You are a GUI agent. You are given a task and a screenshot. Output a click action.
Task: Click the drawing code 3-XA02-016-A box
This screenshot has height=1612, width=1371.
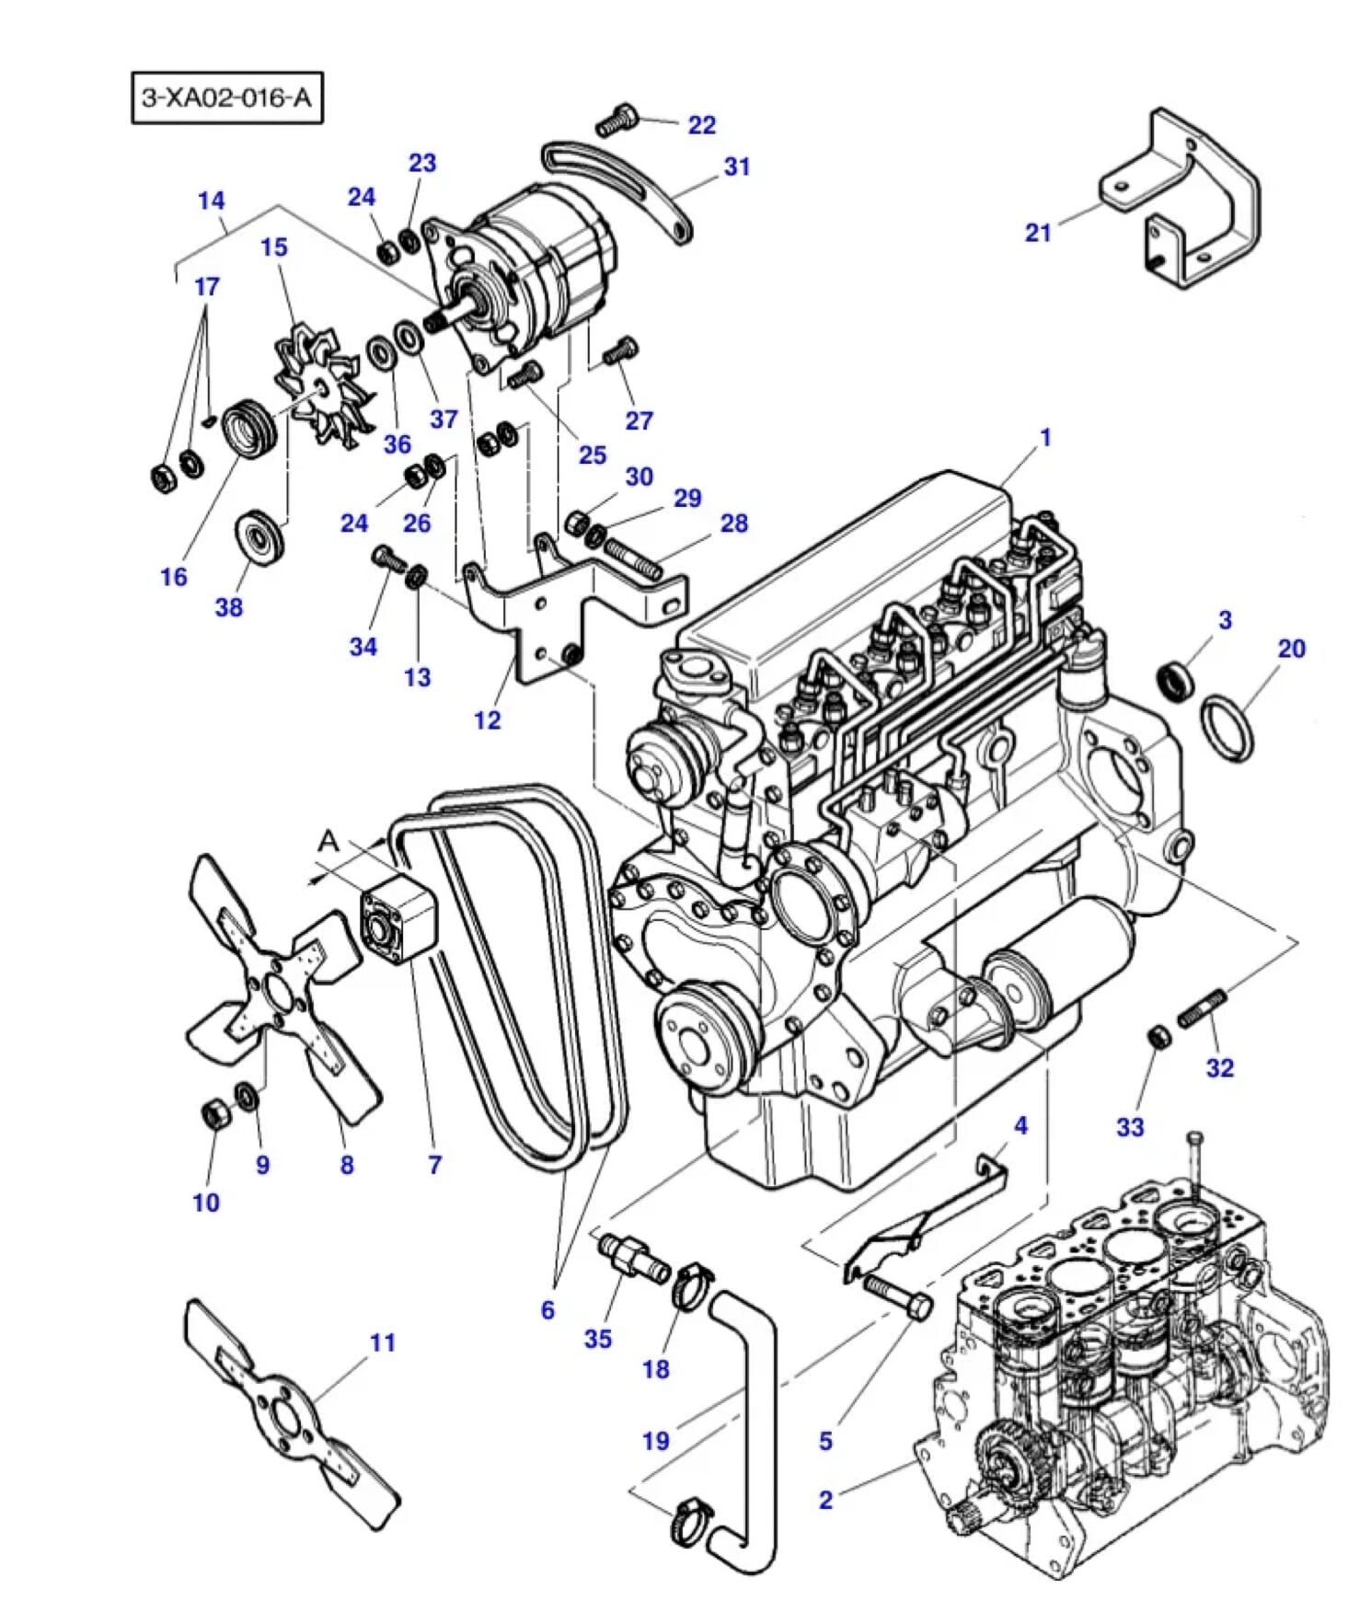point(226,97)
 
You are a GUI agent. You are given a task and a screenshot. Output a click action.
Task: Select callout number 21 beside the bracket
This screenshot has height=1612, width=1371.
point(1037,232)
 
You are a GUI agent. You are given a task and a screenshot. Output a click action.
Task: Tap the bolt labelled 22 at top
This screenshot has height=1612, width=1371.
point(617,121)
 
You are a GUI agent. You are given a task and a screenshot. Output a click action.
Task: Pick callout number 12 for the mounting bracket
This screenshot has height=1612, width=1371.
point(487,719)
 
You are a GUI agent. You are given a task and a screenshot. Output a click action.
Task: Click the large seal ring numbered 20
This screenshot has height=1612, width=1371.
point(1227,728)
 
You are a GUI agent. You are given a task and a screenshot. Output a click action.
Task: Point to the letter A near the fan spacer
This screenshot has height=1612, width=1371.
point(328,840)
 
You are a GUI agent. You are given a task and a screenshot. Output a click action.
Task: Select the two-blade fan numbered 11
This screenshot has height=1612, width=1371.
point(290,1418)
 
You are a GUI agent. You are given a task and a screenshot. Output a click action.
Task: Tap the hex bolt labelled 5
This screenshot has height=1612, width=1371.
point(898,1295)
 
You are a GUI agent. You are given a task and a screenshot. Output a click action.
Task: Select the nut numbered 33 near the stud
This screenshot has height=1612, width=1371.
point(1158,1036)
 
